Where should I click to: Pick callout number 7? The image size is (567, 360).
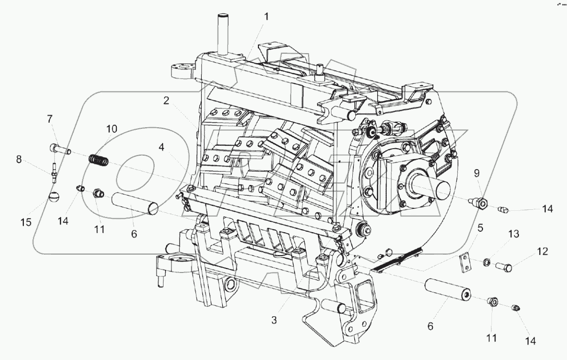tap(49, 119)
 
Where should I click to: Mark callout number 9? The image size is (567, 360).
tap(476, 174)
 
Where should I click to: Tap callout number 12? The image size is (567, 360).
tap(542, 252)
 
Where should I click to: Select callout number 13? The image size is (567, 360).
tap(513, 234)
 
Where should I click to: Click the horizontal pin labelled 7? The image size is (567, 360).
tap(60, 148)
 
